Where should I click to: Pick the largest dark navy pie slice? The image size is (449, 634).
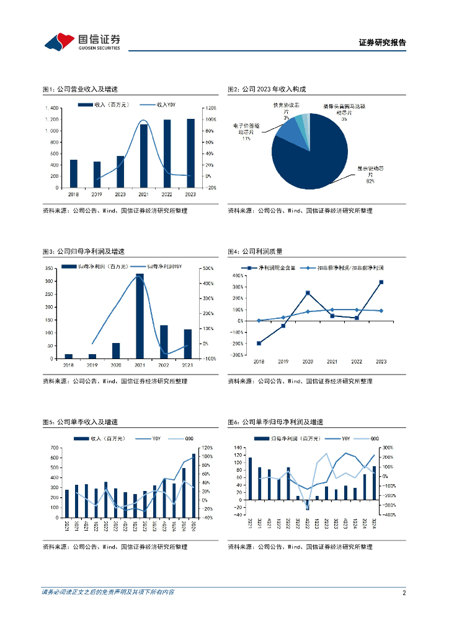point(316,155)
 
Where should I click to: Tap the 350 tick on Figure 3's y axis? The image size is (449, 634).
point(49,269)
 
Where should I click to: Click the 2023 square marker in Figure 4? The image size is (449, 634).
point(381,282)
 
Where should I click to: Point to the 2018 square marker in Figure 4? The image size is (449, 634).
point(259,343)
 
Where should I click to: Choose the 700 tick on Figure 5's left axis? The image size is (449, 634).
point(55,448)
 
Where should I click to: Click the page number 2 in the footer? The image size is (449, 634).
point(404,593)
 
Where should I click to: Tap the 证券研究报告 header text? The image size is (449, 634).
point(383,43)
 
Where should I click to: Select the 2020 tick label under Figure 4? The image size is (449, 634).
point(308,361)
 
